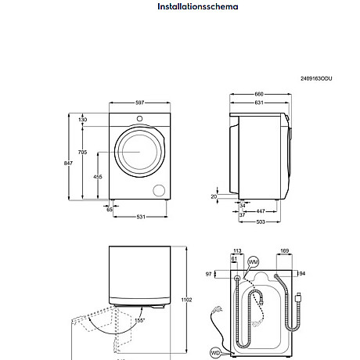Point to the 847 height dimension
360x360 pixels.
click(68, 162)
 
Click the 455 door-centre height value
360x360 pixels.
click(97, 177)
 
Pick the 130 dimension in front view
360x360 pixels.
click(83, 120)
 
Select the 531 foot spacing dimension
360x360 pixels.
click(139, 217)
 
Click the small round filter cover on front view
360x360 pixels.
click(160, 190)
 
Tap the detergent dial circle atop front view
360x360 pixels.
click(139, 119)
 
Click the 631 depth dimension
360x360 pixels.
click(258, 102)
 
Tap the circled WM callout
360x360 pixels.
click(253, 261)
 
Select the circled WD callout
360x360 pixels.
click(214, 353)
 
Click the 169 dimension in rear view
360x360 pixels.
click(285, 252)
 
